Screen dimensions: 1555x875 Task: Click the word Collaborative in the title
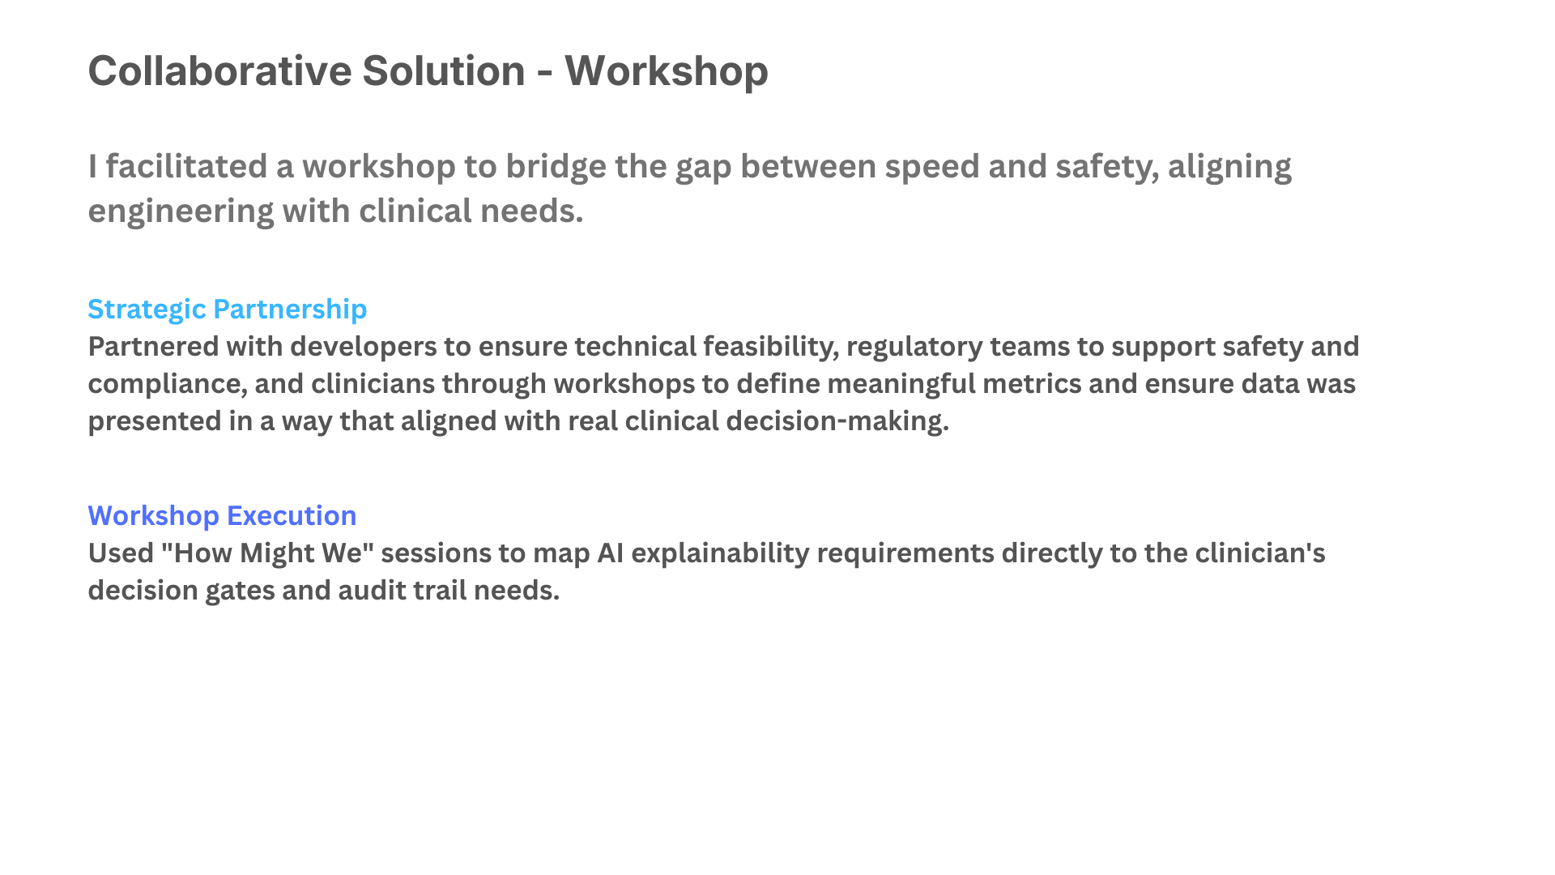click(x=220, y=70)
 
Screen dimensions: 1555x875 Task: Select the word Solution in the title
click(x=444, y=70)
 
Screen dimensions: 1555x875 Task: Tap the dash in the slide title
click(x=545, y=73)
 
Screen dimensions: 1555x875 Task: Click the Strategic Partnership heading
click(x=228, y=309)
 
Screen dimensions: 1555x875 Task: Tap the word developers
click(x=364, y=346)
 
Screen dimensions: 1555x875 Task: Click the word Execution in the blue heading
click(x=292, y=516)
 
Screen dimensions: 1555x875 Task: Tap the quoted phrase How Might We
click(x=267, y=553)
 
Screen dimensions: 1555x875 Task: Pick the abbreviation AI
click(x=610, y=553)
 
